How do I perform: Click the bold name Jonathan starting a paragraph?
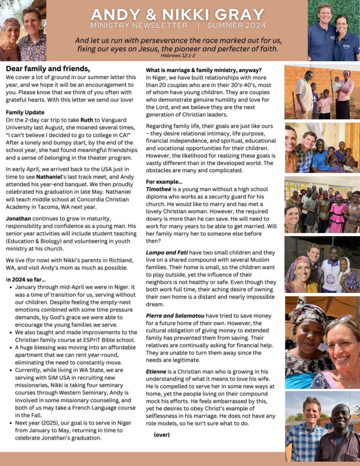tap(20, 219)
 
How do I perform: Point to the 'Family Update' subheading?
tap(25, 112)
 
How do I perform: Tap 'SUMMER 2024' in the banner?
tap(236, 26)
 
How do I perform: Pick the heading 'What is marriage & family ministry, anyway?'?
tap(203, 70)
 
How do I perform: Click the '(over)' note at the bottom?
tap(162, 435)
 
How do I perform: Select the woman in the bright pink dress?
tap(339, 216)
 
